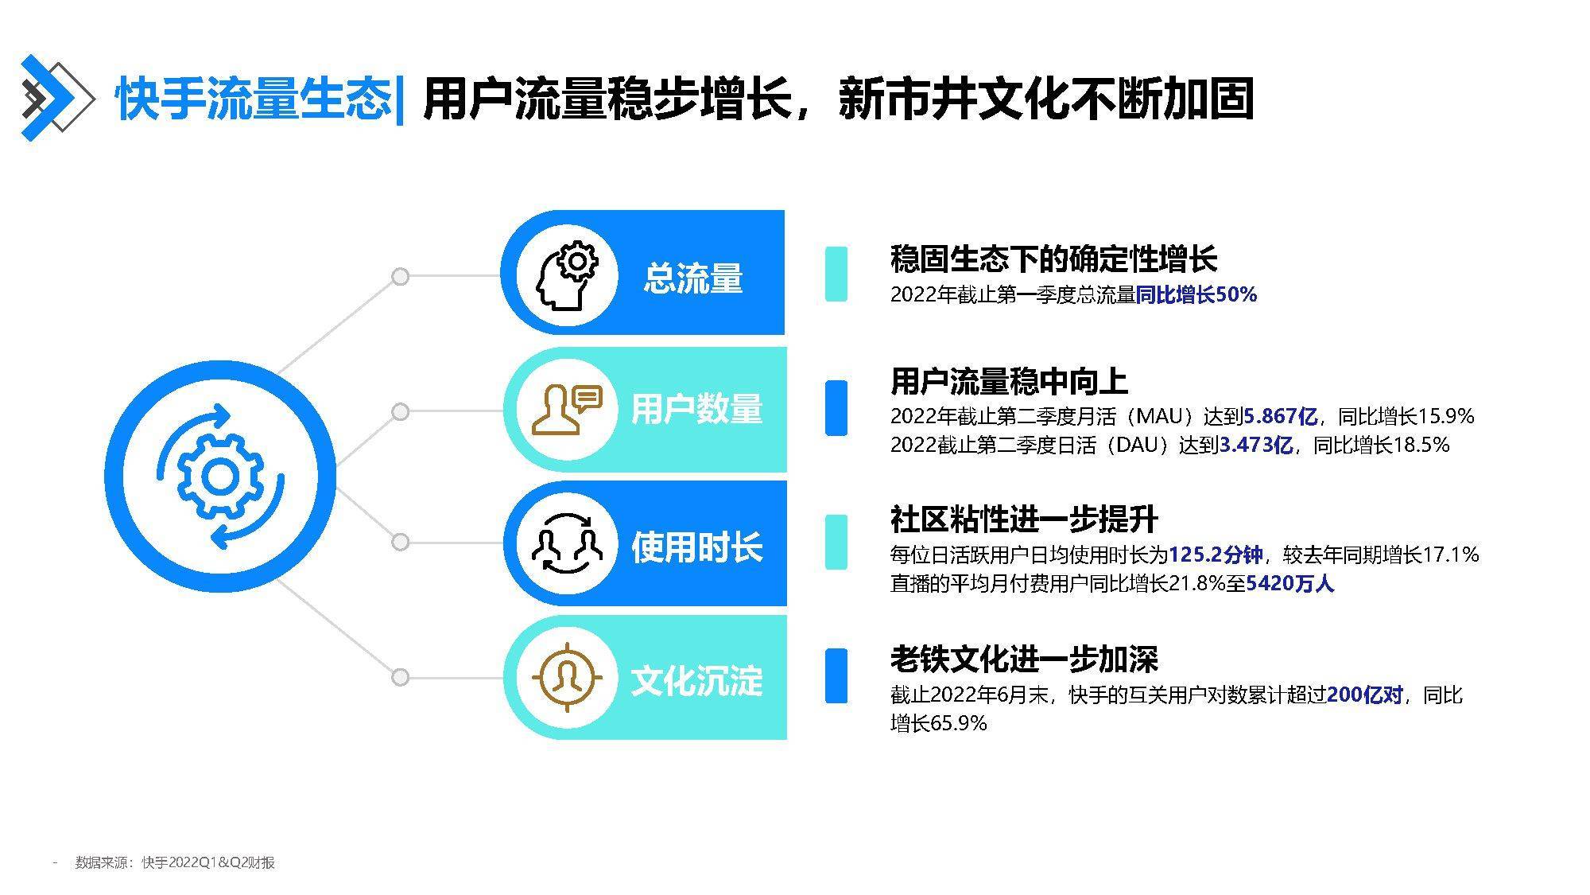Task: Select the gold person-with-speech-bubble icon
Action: [x=567, y=410]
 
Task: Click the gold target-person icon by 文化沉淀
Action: [x=567, y=678]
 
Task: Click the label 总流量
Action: [x=693, y=278]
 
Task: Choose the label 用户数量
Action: [x=696, y=410]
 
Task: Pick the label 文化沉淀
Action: [x=696, y=681]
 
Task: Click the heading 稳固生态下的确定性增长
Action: [x=1053, y=259]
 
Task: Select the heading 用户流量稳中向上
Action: [x=1009, y=382]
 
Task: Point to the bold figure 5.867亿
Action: [x=1280, y=416]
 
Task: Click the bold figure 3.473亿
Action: [x=1255, y=445]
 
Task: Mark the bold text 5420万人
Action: [x=1289, y=584]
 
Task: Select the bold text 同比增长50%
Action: [x=1196, y=295]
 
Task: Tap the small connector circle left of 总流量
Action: [x=401, y=276]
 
